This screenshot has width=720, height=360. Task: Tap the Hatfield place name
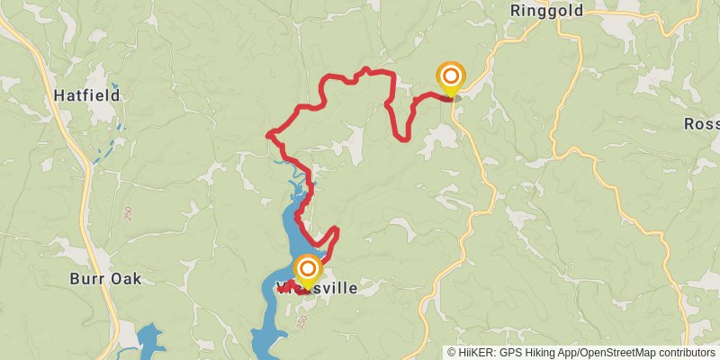pos(86,94)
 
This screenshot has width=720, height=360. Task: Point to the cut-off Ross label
pos(702,123)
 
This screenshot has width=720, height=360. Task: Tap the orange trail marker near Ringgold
pos(450,76)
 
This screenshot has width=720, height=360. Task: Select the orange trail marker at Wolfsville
pos(308,269)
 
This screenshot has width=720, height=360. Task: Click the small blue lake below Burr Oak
pos(149,340)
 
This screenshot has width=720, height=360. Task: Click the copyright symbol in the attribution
pos(453,353)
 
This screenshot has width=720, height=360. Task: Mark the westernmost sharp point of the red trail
pos(268,135)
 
